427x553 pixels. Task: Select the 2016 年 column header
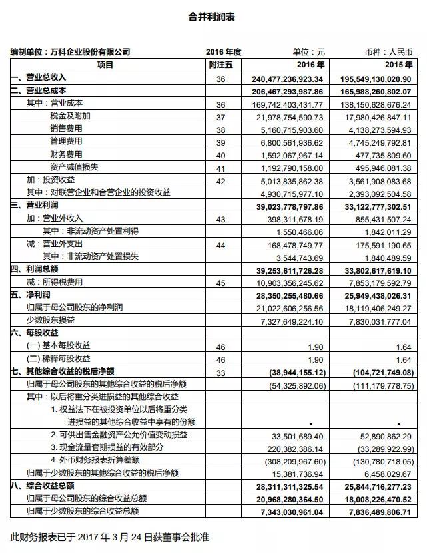coord(312,65)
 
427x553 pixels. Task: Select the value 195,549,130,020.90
coord(374,79)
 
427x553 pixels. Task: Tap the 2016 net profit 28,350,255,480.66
coord(288,295)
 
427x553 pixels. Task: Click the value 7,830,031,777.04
coord(377,320)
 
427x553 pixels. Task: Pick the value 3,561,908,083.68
coord(377,180)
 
